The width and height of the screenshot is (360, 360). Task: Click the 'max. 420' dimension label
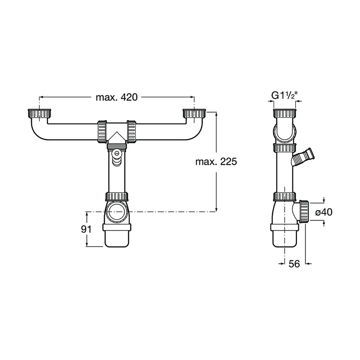(x=117, y=97)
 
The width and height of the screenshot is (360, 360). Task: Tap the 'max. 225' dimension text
(x=216, y=162)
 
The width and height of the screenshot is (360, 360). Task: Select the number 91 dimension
(x=86, y=229)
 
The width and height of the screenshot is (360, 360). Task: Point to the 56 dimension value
(x=294, y=264)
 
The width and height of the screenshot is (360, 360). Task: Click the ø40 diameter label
(x=324, y=212)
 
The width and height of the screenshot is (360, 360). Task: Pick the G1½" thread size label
(x=285, y=95)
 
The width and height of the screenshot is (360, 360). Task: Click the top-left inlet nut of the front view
(x=39, y=113)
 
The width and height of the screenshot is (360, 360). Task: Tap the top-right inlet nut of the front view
(x=194, y=113)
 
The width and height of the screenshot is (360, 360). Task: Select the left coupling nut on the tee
(x=102, y=132)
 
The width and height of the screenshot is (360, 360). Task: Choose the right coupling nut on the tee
(x=131, y=132)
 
